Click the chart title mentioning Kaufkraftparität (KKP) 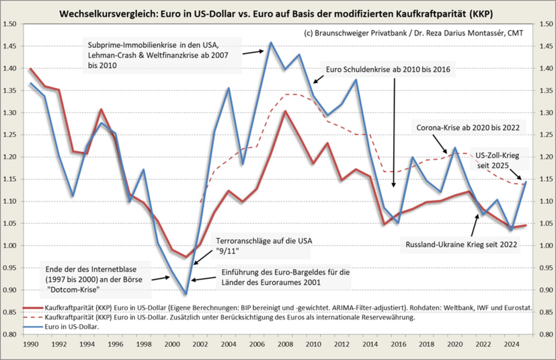(277, 13)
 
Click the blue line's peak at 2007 (271, 43)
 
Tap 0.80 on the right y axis (543, 334)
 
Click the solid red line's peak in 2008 (285, 111)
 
